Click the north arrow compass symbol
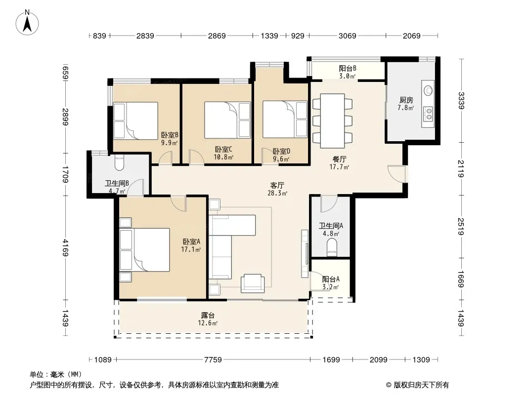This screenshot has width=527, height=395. [x=27, y=22]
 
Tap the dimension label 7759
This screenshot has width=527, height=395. [x=213, y=360]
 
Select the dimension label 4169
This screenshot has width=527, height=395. [x=65, y=247]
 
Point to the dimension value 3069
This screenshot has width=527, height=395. [x=347, y=36]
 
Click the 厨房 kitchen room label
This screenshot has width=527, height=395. [x=406, y=100]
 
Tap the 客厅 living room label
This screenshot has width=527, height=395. [x=277, y=185]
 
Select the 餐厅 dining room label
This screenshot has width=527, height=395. [x=339, y=159]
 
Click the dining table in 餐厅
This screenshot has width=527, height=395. [x=332, y=121]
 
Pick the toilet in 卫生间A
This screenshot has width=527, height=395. [x=332, y=247]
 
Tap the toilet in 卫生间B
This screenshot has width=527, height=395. [x=119, y=162]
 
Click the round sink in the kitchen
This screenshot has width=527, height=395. [x=428, y=90]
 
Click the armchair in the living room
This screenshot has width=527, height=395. [x=253, y=283]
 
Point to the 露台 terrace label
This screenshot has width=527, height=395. [x=208, y=316]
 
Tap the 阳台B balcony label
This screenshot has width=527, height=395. [x=348, y=69]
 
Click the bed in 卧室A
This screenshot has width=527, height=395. [x=145, y=250]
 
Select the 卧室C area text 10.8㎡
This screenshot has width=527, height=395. [x=223, y=157]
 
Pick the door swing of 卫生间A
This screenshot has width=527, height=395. [x=329, y=204]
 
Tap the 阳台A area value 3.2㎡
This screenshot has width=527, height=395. [x=330, y=287]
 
